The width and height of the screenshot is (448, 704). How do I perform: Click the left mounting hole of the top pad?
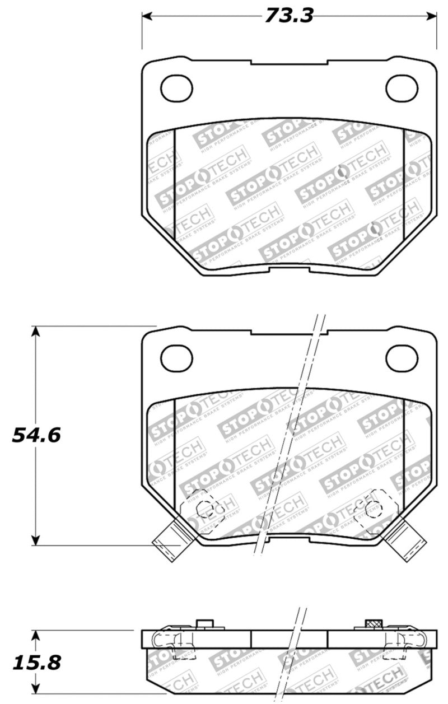[176, 87]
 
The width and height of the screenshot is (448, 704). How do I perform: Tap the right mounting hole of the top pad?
[402, 87]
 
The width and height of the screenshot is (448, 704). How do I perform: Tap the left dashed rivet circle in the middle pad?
[204, 507]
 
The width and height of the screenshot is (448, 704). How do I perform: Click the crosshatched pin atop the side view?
[373, 624]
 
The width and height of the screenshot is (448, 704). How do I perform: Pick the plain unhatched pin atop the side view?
[205, 624]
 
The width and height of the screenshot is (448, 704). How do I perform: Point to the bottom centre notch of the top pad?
[289, 270]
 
